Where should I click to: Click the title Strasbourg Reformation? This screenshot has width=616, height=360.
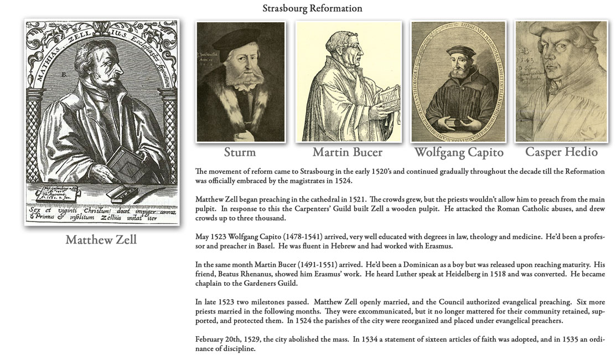pos(312,8)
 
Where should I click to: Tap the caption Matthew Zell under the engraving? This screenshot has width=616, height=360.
pos(101,239)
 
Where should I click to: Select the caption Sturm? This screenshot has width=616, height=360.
pos(240,152)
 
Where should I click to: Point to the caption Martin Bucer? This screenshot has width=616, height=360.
pos(348,152)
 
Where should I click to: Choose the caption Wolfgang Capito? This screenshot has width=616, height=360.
pos(459,152)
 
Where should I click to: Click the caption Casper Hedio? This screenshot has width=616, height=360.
pos(561,151)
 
